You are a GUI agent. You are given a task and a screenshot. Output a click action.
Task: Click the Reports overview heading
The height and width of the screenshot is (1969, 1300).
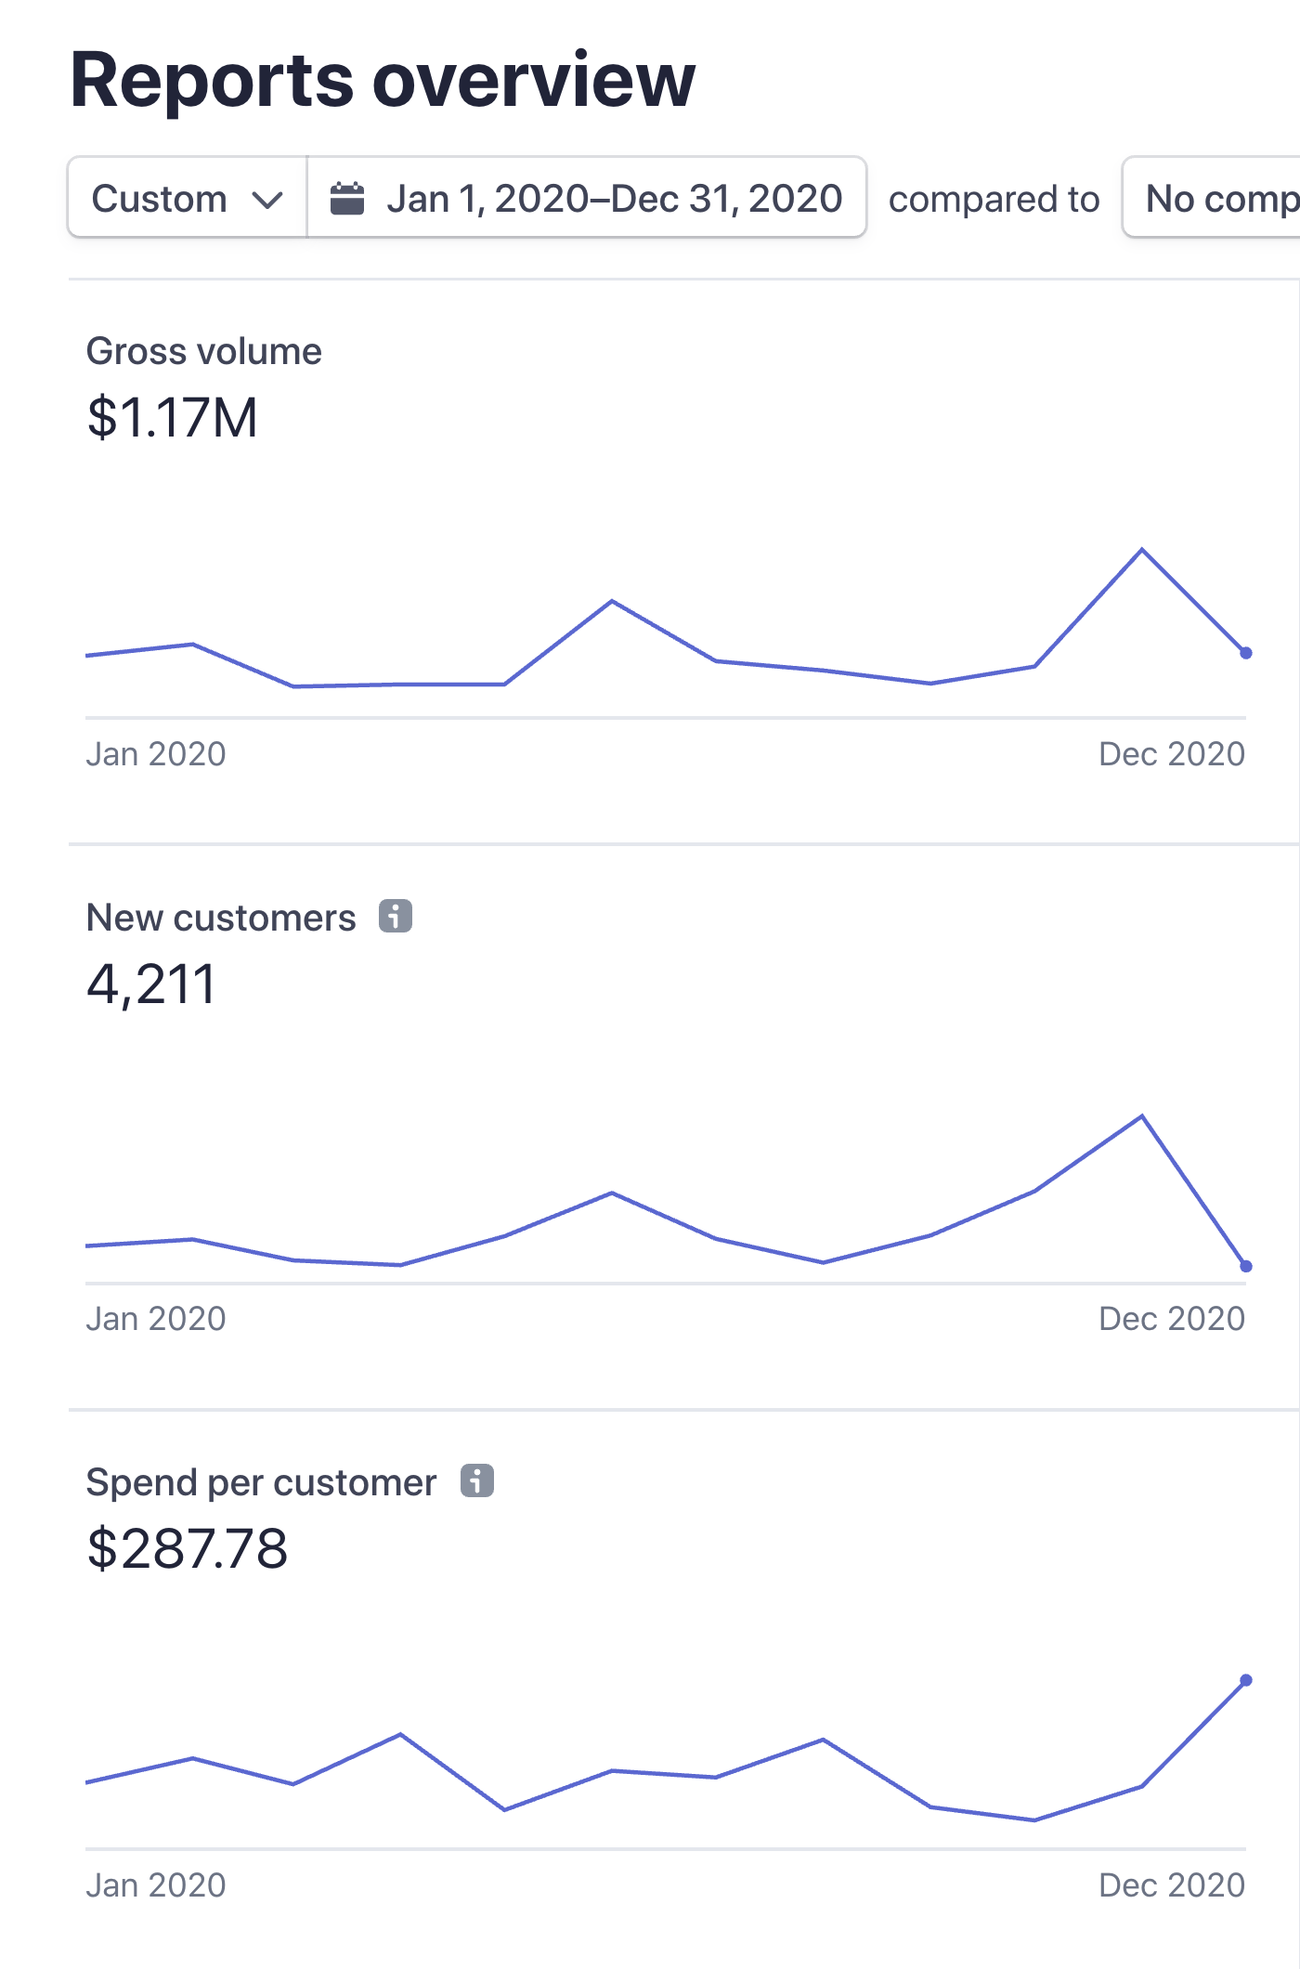(382, 80)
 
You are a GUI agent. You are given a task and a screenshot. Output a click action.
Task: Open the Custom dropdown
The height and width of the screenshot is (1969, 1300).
(187, 199)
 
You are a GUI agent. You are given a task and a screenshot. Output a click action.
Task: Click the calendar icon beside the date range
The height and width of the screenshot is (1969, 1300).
(347, 199)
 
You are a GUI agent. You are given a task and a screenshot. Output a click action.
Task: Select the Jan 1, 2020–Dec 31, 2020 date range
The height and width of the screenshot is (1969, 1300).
(614, 199)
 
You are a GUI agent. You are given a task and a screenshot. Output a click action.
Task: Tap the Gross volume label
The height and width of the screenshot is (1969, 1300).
(203, 352)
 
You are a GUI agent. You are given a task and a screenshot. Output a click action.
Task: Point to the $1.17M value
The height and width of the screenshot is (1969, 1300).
(172, 417)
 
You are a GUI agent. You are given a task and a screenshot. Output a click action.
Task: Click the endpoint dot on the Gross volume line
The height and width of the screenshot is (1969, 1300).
(1246, 653)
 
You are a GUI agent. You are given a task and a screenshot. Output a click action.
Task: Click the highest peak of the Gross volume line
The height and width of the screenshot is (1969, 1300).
(1142, 550)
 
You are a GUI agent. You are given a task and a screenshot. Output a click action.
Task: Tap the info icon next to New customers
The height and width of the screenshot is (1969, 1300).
(395, 917)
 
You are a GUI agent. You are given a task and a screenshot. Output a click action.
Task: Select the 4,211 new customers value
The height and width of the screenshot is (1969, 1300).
(150, 984)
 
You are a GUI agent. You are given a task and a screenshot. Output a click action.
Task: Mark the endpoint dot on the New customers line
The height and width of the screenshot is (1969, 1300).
(1246, 1266)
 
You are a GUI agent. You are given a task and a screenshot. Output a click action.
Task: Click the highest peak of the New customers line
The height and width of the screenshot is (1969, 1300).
(1142, 1115)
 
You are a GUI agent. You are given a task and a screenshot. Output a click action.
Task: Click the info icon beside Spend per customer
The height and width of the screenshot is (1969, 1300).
(477, 1481)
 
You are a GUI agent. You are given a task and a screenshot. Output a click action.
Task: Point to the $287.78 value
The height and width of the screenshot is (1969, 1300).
(187, 1549)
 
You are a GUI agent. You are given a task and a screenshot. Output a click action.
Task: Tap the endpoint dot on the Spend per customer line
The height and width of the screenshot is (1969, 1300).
(1246, 1680)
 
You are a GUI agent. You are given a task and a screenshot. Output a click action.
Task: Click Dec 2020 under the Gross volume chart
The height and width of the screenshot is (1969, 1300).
(1171, 754)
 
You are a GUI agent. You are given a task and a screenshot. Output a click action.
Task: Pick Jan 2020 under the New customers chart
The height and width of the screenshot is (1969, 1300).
(156, 1319)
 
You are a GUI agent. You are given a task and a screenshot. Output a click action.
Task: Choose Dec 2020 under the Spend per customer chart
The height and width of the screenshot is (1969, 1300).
(1171, 1885)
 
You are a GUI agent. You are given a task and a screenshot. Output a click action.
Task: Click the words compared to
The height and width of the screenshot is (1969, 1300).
(994, 200)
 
